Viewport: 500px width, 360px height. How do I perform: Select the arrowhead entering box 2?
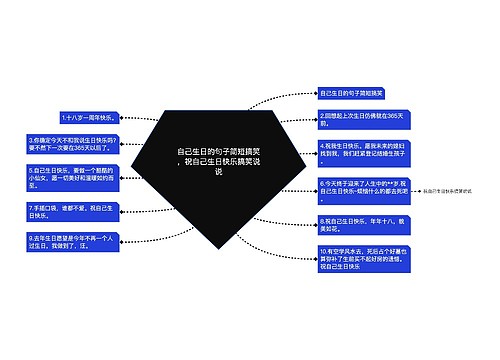click(x=313, y=118)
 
